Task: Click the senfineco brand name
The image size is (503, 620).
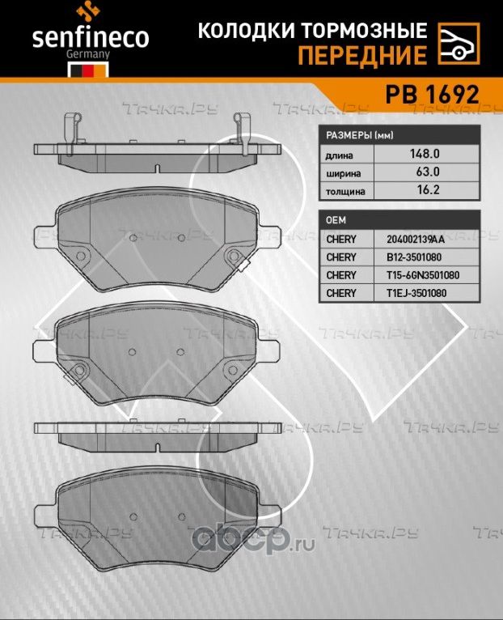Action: [91, 37]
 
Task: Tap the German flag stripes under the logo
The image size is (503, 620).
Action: [88, 71]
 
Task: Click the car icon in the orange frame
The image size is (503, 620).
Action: [459, 44]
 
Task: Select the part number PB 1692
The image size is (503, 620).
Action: [433, 95]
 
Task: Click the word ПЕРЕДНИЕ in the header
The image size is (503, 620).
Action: [362, 55]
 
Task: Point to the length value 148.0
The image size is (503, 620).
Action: [425, 154]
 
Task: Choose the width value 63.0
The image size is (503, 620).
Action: [425, 172]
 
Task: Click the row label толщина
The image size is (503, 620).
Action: [345, 192]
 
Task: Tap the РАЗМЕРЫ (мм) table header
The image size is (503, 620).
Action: [360, 136]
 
